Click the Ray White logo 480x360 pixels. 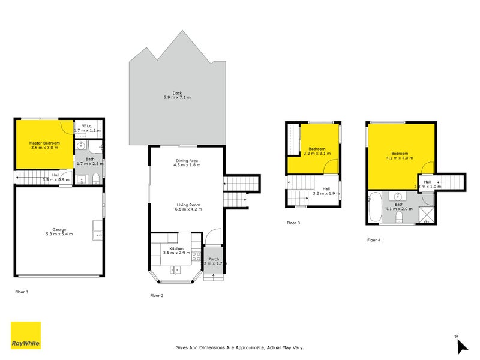tap(26, 335)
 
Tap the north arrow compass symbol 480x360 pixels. tap(461, 345)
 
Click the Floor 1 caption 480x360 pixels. tap(22, 292)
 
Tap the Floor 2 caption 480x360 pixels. tap(157, 296)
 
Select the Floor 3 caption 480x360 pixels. tap(293, 223)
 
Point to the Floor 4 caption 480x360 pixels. tap(374, 240)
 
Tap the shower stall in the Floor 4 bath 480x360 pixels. tap(427, 214)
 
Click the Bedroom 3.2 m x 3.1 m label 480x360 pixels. tap(317, 151)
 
